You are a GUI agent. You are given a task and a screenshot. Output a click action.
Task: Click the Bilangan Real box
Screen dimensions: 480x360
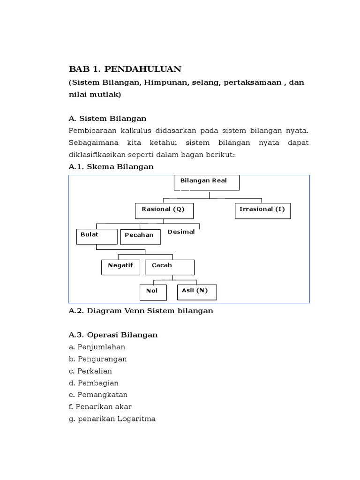pyautogui.click(x=206, y=182)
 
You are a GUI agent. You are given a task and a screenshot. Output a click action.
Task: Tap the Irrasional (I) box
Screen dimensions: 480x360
pyautogui.click(x=262, y=210)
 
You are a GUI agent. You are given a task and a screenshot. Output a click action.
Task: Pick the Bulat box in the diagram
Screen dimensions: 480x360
pyautogui.click(x=97, y=236)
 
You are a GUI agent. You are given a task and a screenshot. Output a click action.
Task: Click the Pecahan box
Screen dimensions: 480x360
pyautogui.click(x=140, y=237)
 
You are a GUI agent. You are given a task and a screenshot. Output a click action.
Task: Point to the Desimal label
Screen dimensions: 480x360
pyautogui.click(x=181, y=232)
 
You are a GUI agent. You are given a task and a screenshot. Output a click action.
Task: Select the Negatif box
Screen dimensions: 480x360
pyautogui.click(x=120, y=267)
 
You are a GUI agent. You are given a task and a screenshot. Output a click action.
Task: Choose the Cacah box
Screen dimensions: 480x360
pyautogui.click(x=169, y=267)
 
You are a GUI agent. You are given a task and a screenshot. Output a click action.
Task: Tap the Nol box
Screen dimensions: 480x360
pyautogui.click(x=153, y=292)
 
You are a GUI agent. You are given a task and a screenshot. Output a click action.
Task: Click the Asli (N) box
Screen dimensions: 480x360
pyautogui.click(x=196, y=292)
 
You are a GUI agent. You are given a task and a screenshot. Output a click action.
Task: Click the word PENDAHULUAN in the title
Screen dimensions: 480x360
pyautogui.click(x=142, y=69)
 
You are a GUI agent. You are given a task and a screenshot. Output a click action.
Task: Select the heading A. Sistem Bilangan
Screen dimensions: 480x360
pyautogui.click(x=107, y=118)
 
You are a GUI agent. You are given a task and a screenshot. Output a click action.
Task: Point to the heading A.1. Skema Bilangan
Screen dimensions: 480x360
pyautogui.click(x=111, y=166)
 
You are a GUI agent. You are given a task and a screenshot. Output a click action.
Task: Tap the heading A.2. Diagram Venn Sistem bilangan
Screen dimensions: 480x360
pyautogui.click(x=141, y=311)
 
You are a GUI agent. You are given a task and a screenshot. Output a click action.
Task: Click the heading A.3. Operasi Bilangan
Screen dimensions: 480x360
pyautogui.click(x=113, y=335)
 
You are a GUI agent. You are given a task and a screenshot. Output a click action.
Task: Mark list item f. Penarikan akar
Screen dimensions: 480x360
pyautogui.click(x=100, y=407)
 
